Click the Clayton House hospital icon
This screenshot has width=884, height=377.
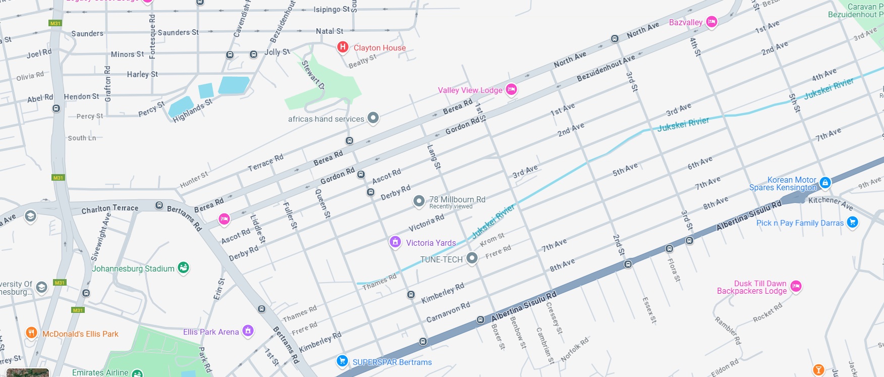point(343,47)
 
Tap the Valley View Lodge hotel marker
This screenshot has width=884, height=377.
point(511,89)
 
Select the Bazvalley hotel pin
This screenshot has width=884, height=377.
point(711,21)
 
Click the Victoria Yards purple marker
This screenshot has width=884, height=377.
point(395,242)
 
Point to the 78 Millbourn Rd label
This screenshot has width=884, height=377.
point(457,199)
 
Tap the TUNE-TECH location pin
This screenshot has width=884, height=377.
point(472,258)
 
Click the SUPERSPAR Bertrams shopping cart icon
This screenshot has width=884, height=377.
point(342,360)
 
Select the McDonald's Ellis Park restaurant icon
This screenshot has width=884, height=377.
point(31,333)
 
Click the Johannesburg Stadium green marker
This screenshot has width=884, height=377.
point(184,267)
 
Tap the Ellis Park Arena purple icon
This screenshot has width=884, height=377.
point(248,331)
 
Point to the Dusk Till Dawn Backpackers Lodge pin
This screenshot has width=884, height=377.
point(796,286)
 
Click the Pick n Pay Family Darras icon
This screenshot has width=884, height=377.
point(852,222)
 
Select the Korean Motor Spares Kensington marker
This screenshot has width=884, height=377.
point(825,182)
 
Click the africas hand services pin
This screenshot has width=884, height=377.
point(373,118)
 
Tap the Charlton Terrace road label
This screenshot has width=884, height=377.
point(110,208)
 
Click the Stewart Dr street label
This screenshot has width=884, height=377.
point(313,75)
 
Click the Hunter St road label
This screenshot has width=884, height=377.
point(194,180)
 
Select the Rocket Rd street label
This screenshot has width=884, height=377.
point(767,312)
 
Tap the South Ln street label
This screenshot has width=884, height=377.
point(82,138)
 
